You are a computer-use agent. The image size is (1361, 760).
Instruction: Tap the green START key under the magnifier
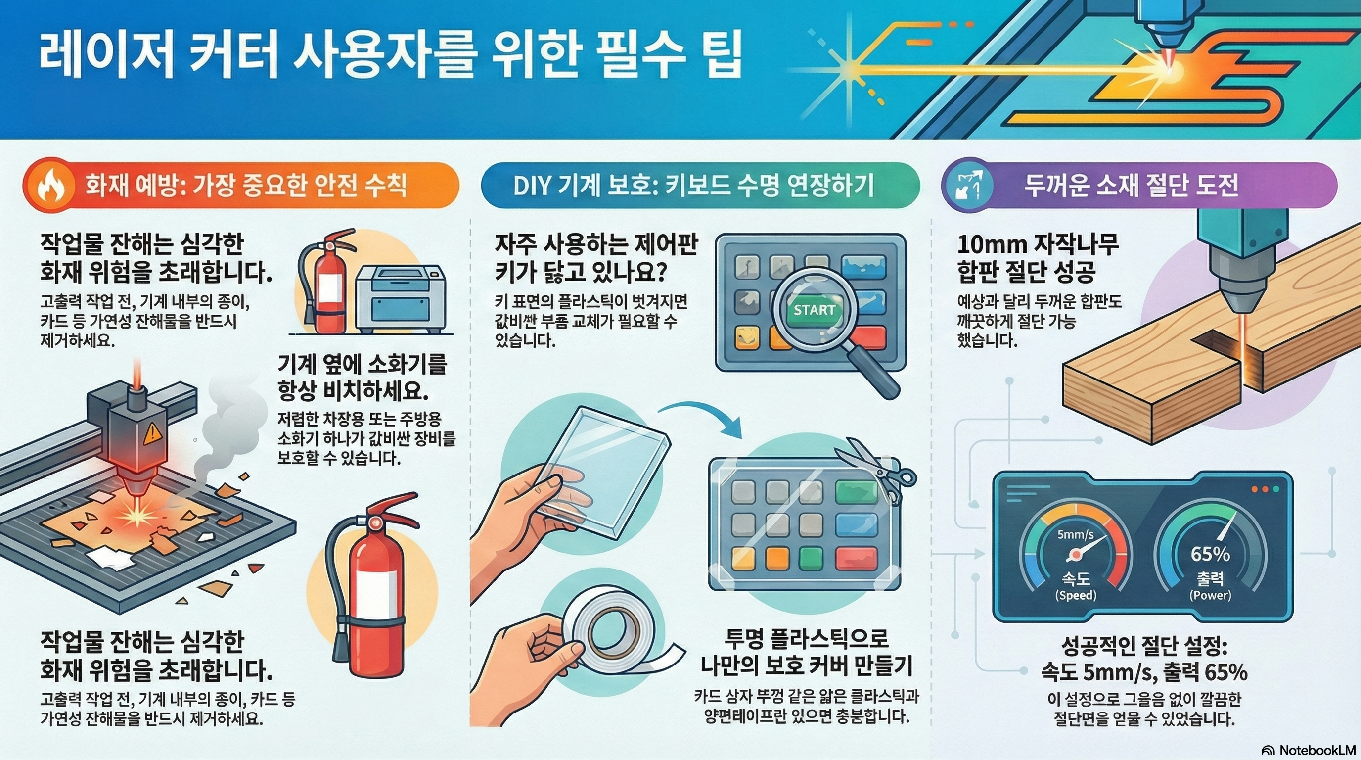point(814,310)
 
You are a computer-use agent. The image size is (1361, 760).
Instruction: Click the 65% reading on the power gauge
point(1210,553)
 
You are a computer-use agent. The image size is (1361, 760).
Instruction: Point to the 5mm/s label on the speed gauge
point(1076,534)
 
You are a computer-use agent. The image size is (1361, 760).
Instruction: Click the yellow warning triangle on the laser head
point(153,433)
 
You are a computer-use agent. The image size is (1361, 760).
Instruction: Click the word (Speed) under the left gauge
point(1076,595)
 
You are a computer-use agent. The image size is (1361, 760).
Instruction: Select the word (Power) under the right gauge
point(1210,595)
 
